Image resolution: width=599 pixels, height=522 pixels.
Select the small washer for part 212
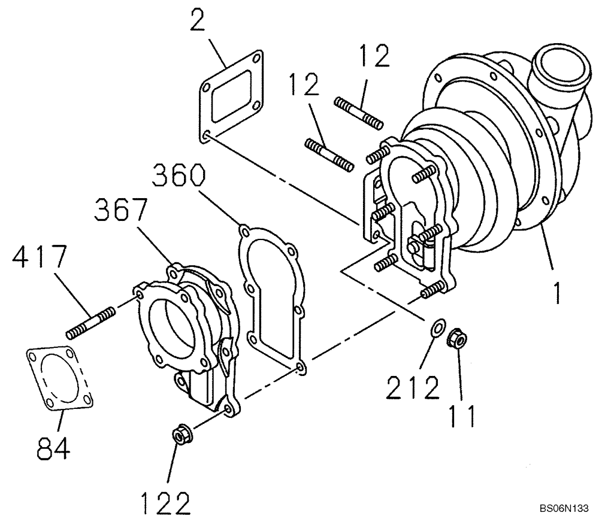(438, 328)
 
